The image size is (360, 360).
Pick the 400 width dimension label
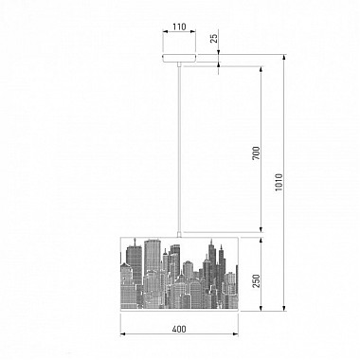(x=180, y=330)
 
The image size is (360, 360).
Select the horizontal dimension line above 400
(x=180, y=336)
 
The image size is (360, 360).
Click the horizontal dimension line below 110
(x=180, y=38)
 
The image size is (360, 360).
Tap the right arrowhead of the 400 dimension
(x=234, y=336)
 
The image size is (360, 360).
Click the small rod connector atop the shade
(x=180, y=233)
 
